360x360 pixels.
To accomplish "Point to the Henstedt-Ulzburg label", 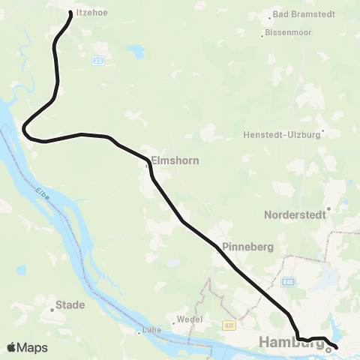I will pos(282,135).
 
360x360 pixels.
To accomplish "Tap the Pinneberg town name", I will pos(247,247).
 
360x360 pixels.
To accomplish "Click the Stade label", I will pos(70,305).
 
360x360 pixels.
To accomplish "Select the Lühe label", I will pos(151,330).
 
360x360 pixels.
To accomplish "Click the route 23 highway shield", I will pos(98,60).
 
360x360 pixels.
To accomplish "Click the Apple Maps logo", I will pos(27,347).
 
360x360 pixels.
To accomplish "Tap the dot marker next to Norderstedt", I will pos(328,208).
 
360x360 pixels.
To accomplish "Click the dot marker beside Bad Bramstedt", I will pos(271,16).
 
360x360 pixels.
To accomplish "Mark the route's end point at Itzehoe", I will pos(71,13).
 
